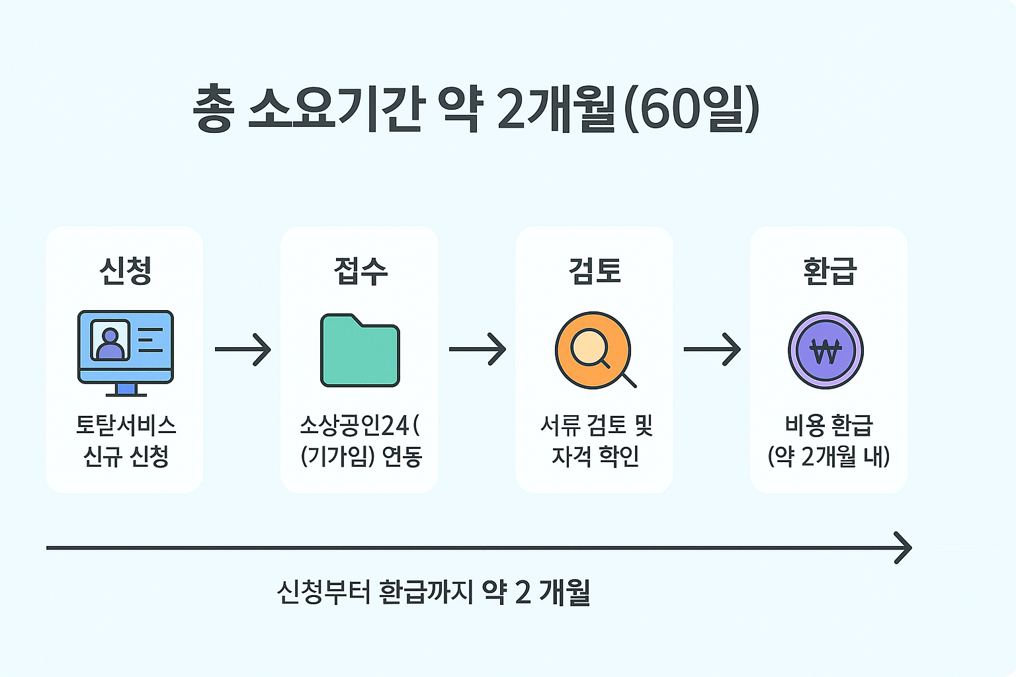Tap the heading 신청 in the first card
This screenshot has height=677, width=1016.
coord(125,270)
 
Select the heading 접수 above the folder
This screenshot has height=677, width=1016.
coord(360,270)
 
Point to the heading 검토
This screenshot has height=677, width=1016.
coord(595,270)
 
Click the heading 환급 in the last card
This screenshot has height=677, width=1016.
coord(829,270)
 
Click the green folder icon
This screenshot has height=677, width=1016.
coord(360,351)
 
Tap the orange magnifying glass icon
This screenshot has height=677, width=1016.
coord(593,350)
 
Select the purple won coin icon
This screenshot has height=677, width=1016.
coord(825,350)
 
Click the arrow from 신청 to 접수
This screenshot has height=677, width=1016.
coord(243,348)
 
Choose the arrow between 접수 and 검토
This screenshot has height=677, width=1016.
coord(477,348)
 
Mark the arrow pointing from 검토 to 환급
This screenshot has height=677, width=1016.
coord(712,348)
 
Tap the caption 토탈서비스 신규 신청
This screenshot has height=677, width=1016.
coord(126,440)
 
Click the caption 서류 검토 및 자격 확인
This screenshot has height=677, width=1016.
coord(596,440)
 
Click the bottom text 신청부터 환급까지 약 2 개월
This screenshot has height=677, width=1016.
coord(433,592)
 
